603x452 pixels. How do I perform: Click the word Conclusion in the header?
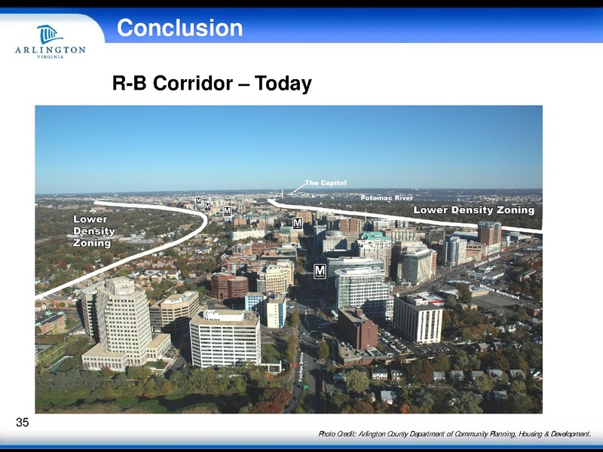pyautogui.click(x=179, y=29)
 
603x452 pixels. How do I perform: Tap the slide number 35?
pyautogui.click(x=23, y=423)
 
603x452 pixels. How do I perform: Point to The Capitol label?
pyautogui.click(x=325, y=183)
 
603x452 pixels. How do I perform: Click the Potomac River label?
pyautogui.click(x=387, y=197)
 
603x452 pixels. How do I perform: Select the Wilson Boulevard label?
pyautogui.click(x=498, y=292)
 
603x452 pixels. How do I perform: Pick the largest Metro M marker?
pyautogui.click(x=320, y=270)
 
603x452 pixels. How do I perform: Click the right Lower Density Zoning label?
pyautogui.click(x=473, y=210)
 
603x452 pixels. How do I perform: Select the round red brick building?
pyautogui.click(x=228, y=286)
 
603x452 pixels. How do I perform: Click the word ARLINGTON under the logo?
pyautogui.click(x=50, y=50)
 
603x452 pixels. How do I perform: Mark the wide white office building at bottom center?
pyautogui.click(x=225, y=338)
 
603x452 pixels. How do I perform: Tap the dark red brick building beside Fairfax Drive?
pyautogui.click(x=357, y=328)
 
